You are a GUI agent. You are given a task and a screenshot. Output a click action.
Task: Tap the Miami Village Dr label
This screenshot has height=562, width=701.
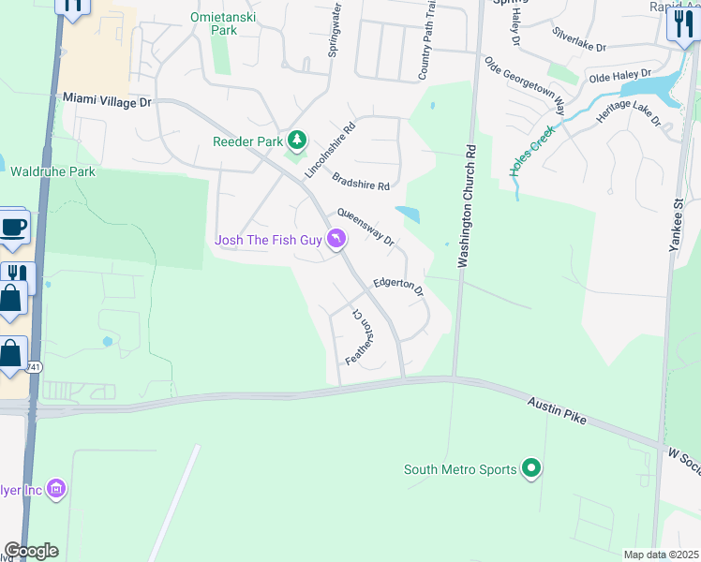pos(107,99)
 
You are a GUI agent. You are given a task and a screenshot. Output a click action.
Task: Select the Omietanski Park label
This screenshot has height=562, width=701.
pos(225,23)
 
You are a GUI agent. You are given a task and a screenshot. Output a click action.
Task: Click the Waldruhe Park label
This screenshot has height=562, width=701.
pos(53,172)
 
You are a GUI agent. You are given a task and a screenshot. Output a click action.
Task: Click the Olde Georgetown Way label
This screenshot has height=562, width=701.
pos(525,83)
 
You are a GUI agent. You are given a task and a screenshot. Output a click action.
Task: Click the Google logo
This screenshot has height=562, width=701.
pos(31,551)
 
